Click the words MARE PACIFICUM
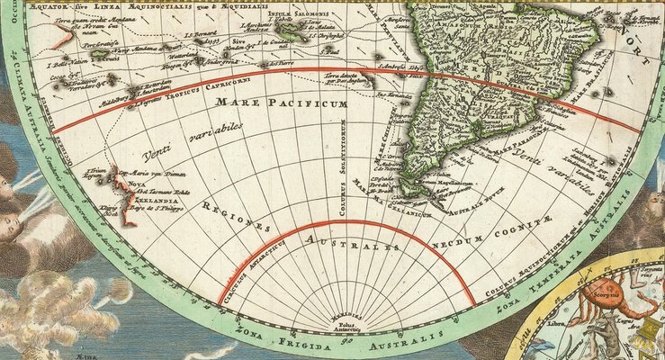[281, 105]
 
